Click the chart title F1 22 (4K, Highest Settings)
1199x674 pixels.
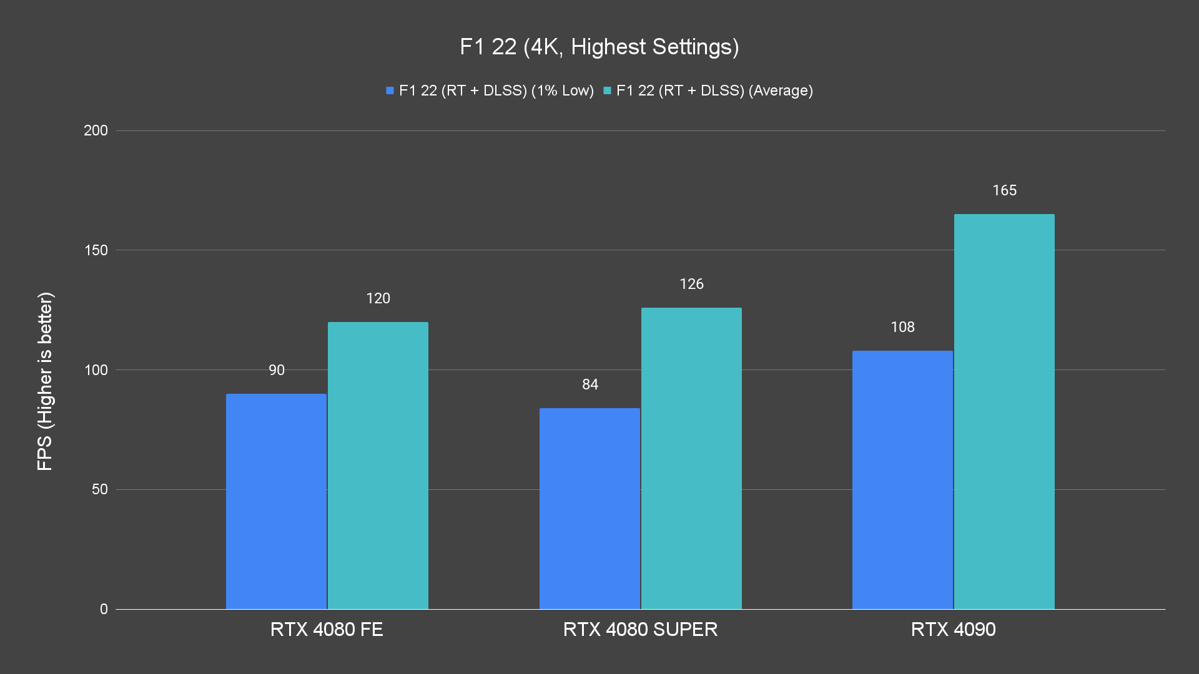(x=599, y=47)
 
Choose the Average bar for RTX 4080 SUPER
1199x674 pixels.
(x=691, y=458)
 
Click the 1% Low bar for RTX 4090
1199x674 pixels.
(x=902, y=480)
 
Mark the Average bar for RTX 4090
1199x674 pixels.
(x=1004, y=412)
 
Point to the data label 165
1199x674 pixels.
(x=1004, y=190)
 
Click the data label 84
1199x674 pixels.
(x=590, y=384)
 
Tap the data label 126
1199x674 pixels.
(x=691, y=284)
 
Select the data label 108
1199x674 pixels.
(x=902, y=327)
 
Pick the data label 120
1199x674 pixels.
(x=378, y=298)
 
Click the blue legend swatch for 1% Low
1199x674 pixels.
(x=390, y=90)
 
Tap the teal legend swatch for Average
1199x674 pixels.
(x=607, y=90)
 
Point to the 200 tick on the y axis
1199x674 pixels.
(x=96, y=130)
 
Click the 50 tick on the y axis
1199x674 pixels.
(x=99, y=489)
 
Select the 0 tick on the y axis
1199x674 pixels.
(x=104, y=609)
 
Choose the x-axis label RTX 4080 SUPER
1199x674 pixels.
(x=640, y=629)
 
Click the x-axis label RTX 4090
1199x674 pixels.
(x=953, y=629)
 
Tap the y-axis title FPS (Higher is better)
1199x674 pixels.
(x=45, y=381)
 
